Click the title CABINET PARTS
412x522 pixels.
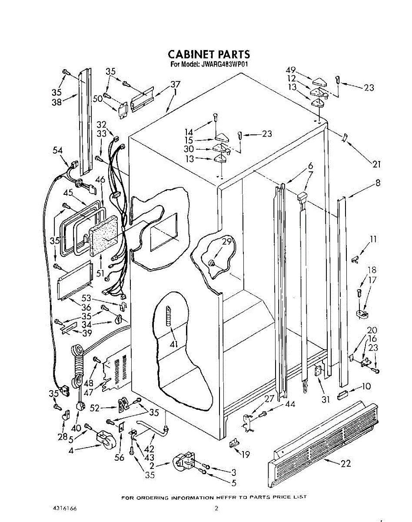point(209,54)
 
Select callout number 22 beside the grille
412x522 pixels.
point(346,464)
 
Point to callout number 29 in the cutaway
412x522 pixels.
point(227,242)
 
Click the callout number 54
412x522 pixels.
point(58,151)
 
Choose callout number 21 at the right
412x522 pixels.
point(376,164)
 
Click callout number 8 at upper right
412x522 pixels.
point(378,183)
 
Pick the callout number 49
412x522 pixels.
point(291,70)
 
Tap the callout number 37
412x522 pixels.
point(175,84)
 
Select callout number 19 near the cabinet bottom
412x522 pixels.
point(246,455)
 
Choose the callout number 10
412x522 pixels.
point(366,386)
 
